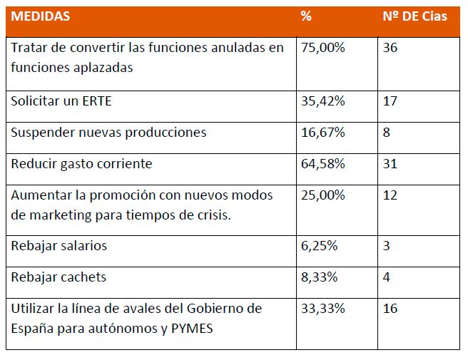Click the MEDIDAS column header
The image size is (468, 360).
pyautogui.click(x=41, y=16)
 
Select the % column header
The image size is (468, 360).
pyautogui.click(x=306, y=16)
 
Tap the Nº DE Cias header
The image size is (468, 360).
pyautogui.click(x=415, y=16)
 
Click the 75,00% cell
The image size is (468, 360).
pyautogui.click(x=323, y=48)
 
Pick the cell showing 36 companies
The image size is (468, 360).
pyautogui.click(x=390, y=48)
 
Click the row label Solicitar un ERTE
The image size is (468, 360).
pyautogui.click(x=61, y=101)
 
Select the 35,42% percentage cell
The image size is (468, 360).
pyautogui.click(x=323, y=101)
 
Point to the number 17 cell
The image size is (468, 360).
pyautogui.click(x=390, y=101)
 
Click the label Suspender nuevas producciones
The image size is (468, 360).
pyautogui.click(x=108, y=133)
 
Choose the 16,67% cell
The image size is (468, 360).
pyautogui.click(x=323, y=133)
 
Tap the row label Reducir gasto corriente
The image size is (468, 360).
pyautogui.click(x=81, y=164)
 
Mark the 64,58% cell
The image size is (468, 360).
pyautogui.click(x=323, y=164)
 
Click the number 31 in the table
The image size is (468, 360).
pyautogui.click(x=390, y=164)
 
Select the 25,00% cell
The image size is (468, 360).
pyautogui.click(x=323, y=195)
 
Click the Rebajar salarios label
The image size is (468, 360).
pyautogui.click(x=59, y=246)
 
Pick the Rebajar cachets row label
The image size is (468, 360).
pyautogui.click(x=58, y=277)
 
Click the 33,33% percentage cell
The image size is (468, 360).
pyautogui.click(x=323, y=309)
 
